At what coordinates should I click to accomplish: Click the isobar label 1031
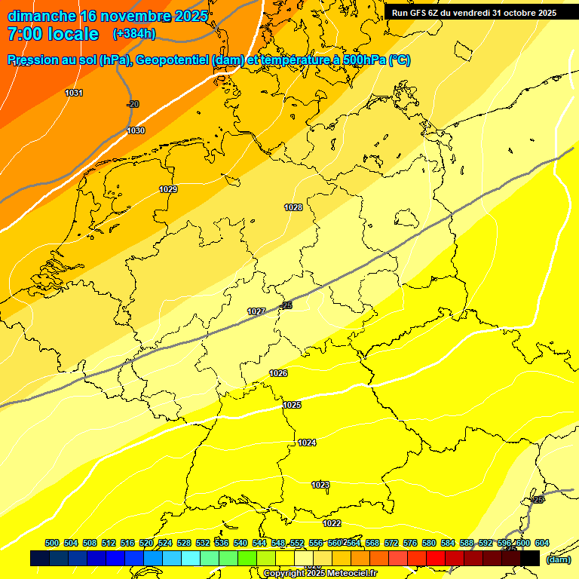[74, 93]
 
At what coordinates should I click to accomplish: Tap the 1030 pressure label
[136, 130]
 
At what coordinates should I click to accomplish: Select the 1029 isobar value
[168, 189]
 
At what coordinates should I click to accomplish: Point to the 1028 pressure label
[293, 207]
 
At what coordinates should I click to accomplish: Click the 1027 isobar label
[256, 311]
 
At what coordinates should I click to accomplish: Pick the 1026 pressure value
[278, 373]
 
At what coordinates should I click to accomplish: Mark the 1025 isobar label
[293, 405]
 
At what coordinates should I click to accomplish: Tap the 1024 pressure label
[307, 443]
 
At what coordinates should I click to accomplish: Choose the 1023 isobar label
[320, 485]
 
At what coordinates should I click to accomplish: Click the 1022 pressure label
[332, 523]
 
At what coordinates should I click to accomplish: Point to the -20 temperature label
[133, 104]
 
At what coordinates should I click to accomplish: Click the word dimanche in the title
[41, 16]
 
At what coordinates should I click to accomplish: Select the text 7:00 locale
[53, 34]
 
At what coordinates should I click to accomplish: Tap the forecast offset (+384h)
[135, 34]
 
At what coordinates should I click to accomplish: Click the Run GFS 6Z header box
[473, 13]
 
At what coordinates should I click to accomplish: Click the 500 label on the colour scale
[52, 543]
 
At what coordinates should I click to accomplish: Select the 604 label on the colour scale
[541, 543]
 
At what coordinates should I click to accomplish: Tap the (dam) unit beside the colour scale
[558, 559]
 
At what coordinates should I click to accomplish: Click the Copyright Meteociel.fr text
[320, 573]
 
